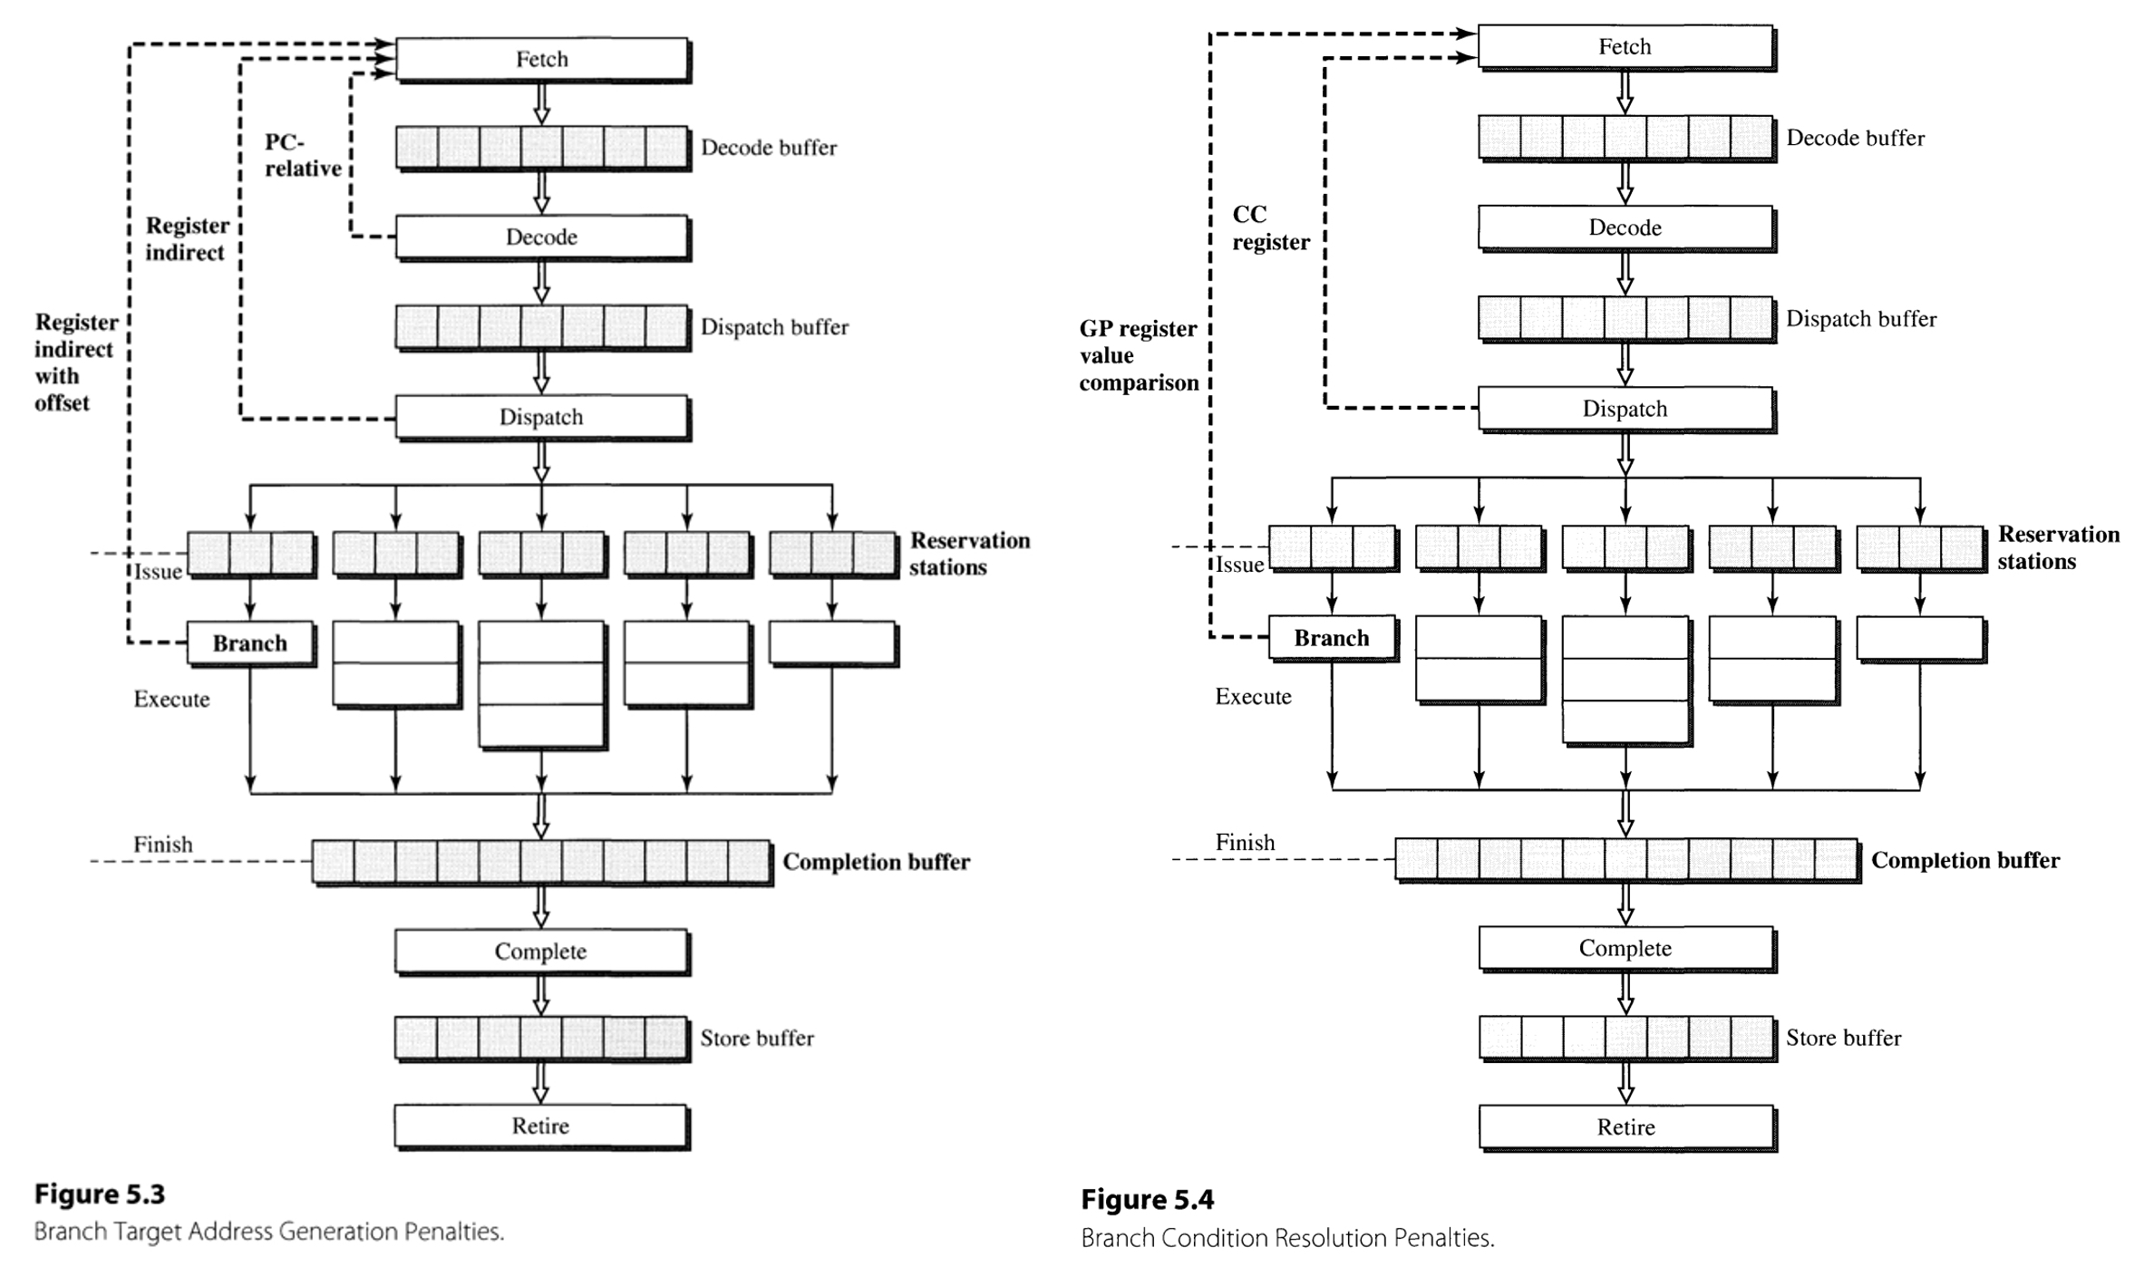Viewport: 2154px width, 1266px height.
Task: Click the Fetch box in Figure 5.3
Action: point(541,59)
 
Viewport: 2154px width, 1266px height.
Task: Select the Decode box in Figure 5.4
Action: point(1625,227)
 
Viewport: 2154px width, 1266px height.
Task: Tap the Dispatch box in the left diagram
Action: point(541,417)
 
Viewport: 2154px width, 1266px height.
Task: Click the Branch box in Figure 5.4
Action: point(1331,638)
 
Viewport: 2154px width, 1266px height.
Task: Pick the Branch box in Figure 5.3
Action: point(250,643)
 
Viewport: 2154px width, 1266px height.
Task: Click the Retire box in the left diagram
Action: point(541,1126)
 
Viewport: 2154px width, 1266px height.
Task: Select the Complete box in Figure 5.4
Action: point(1625,948)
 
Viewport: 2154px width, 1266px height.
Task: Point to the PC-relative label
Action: point(302,155)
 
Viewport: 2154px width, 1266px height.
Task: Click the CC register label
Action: point(1270,228)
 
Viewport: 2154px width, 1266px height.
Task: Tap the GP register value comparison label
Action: point(1139,355)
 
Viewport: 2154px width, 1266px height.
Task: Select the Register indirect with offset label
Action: point(75,362)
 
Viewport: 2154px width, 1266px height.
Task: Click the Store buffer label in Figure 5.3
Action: point(756,1039)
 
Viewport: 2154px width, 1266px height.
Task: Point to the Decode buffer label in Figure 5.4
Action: point(1855,138)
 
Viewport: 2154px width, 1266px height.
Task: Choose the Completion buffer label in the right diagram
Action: point(1965,860)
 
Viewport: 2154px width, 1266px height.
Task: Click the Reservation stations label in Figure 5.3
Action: point(969,554)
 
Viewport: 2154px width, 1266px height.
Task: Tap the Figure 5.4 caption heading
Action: point(1147,1200)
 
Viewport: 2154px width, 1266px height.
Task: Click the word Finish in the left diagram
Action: point(163,845)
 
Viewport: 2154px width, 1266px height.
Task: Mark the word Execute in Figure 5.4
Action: point(1253,697)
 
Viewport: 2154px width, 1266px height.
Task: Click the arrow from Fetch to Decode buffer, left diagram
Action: point(541,104)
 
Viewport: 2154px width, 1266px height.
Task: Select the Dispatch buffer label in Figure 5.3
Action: point(774,327)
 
